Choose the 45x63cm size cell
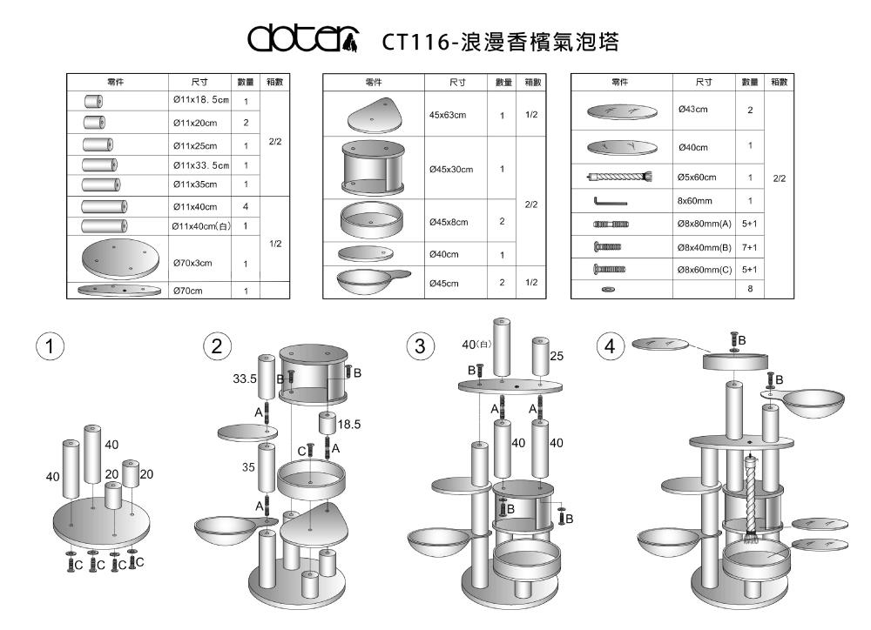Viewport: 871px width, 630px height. [x=449, y=115]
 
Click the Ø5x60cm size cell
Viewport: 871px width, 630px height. [x=697, y=178]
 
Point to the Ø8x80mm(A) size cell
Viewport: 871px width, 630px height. [x=706, y=224]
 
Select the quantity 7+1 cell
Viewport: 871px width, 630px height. [x=749, y=246]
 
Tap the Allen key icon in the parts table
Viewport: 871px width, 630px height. [x=611, y=201]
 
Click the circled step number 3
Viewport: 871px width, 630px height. [x=421, y=345]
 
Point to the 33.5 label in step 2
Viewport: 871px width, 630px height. [x=245, y=379]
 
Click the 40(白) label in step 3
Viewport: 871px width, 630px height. [x=476, y=344]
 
